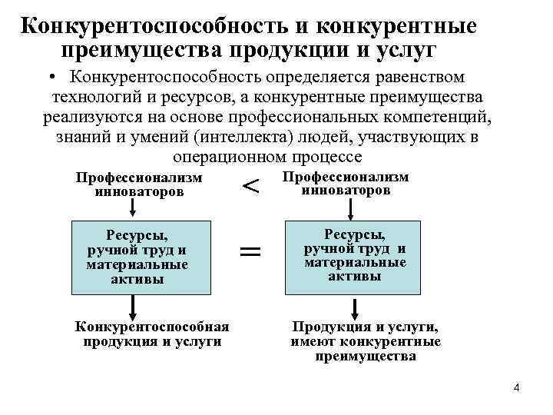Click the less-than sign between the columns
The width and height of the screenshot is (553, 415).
tap(251, 185)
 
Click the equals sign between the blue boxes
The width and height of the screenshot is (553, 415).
tap(250, 251)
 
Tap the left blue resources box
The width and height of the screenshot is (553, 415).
tap(141, 257)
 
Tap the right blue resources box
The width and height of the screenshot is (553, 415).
tap(354, 256)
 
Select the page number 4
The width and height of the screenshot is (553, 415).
tap(516, 387)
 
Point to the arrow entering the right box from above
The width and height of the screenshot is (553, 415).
tap(352, 208)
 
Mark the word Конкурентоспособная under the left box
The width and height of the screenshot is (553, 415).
tap(152, 327)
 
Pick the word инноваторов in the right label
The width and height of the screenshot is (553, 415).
tap(346, 190)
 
